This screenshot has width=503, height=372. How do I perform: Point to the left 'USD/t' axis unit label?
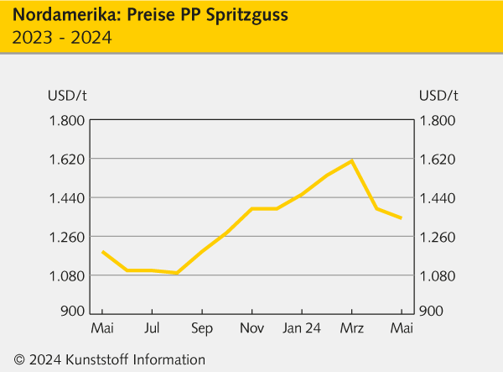(x=66, y=94)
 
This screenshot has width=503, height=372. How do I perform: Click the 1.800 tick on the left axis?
(x=66, y=120)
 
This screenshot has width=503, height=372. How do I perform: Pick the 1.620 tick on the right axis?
(x=437, y=159)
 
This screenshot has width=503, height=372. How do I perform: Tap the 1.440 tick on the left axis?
(x=66, y=198)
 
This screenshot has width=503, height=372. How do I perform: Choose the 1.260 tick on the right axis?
(x=437, y=237)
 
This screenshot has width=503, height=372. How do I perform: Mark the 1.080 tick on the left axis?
(x=66, y=276)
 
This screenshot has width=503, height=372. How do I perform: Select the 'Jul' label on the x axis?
(x=152, y=327)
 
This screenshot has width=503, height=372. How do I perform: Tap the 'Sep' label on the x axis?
(x=201, y=327)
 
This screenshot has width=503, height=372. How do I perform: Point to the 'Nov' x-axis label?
(x=251, y=327)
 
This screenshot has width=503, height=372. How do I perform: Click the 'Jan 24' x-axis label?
(x=301, y=327)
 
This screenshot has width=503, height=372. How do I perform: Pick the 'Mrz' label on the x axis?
(x=351, y=327)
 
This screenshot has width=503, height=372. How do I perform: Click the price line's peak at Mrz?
(x=352, y=160)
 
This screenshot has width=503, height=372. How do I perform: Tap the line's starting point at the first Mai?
(x=102, y=252)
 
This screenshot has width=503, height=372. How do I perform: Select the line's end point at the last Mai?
(x=402, y=218)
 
